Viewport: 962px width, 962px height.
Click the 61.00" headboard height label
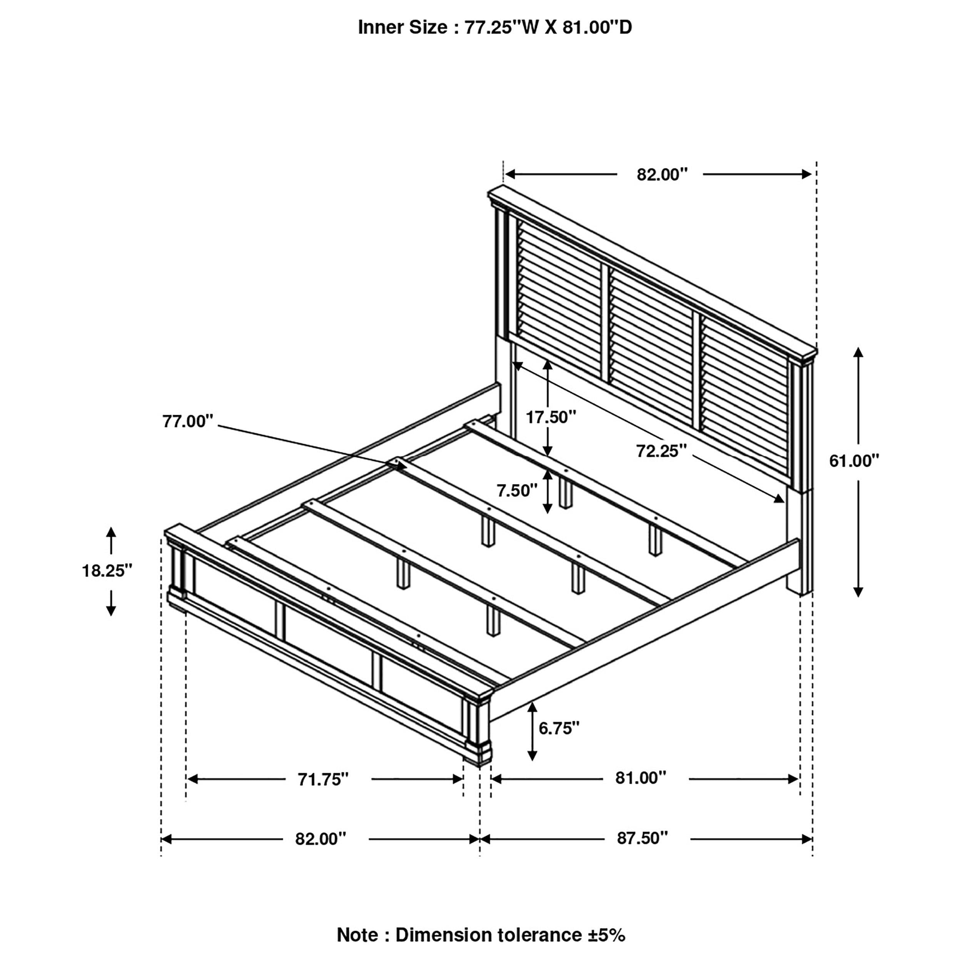point(854,461)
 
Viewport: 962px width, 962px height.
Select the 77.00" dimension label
point(188,421)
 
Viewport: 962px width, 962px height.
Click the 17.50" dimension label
point(551,417)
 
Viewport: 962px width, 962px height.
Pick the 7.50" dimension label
point(517,491)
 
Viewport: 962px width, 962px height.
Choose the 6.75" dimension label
point(559,728)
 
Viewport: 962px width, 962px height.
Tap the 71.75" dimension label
point(323,779)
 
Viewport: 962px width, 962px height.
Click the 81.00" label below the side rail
point(640,777)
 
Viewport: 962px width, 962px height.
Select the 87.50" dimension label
point(642,838)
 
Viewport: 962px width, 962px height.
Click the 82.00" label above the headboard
point(662,174)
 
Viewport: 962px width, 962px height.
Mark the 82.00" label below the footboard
point(320,838)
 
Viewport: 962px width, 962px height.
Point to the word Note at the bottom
point(357,935)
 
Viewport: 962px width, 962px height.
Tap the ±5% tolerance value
point(604,935)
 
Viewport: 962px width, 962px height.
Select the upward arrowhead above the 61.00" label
point(858,352)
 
